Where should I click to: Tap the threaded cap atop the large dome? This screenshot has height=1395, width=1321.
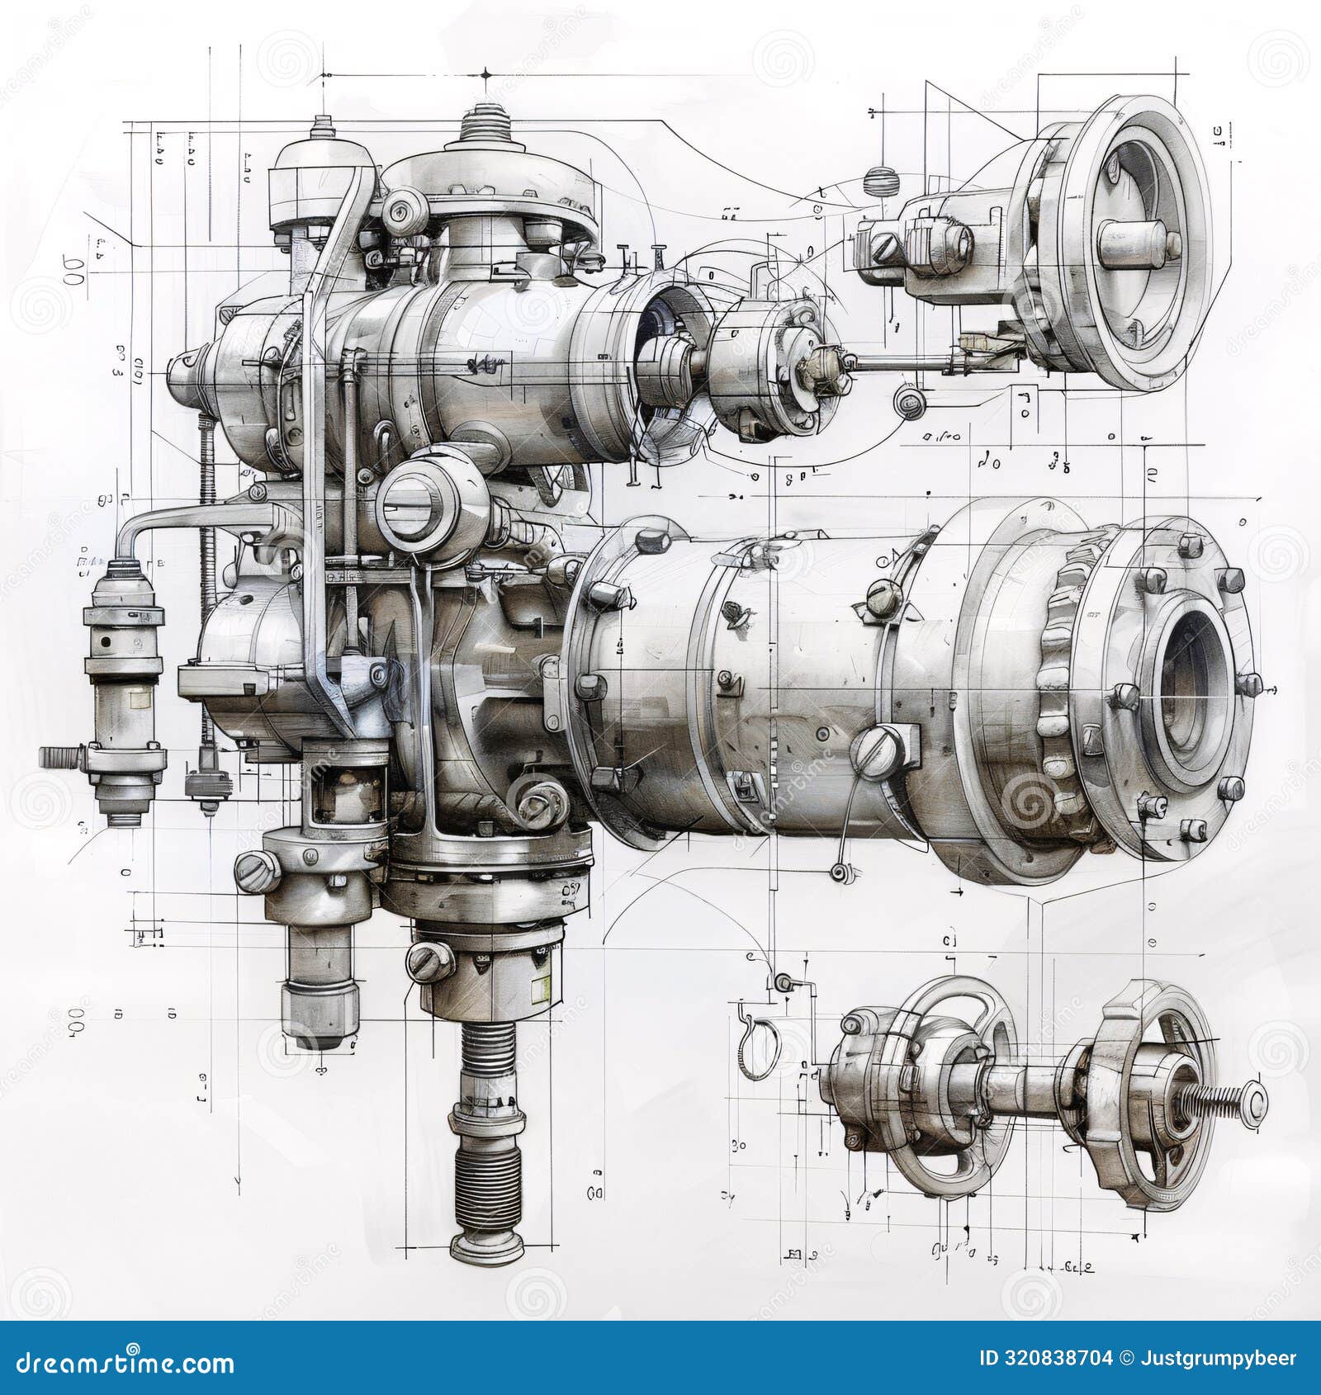click(493, 123)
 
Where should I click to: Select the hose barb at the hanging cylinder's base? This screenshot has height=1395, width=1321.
click(59, 755)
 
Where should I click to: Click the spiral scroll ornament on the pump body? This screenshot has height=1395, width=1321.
click(529, 800)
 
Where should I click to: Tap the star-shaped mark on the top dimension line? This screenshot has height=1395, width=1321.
click(485, 75)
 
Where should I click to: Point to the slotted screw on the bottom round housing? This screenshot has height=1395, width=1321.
click(424, 959)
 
